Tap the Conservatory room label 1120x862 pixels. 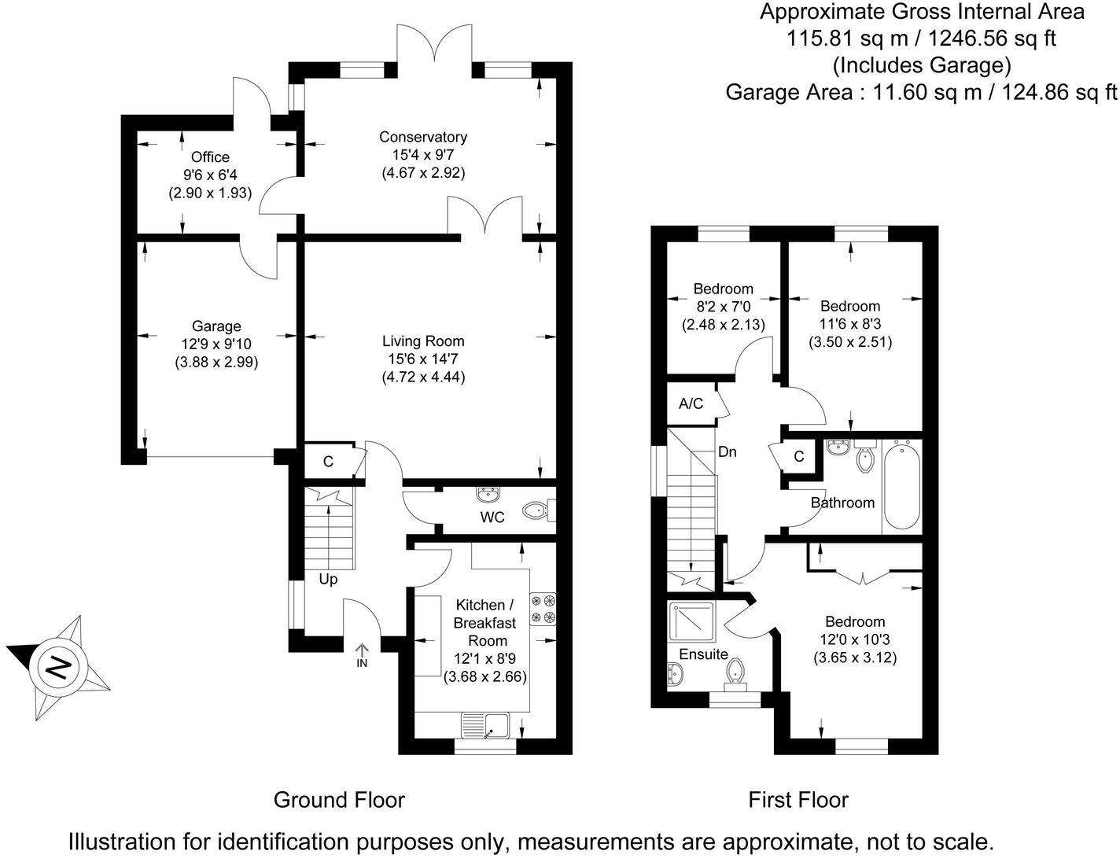423,137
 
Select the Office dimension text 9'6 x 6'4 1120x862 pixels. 210,175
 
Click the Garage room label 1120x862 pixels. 216,326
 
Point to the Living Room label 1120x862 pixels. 423,341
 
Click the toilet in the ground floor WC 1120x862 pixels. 538,510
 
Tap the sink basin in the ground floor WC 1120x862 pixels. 488,495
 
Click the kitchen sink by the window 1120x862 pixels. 486,724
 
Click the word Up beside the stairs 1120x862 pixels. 328,580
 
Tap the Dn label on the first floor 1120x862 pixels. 728,452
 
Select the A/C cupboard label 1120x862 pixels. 691,404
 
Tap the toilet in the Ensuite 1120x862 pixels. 736,672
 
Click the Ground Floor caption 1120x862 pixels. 339,801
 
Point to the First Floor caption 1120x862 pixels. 798,801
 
